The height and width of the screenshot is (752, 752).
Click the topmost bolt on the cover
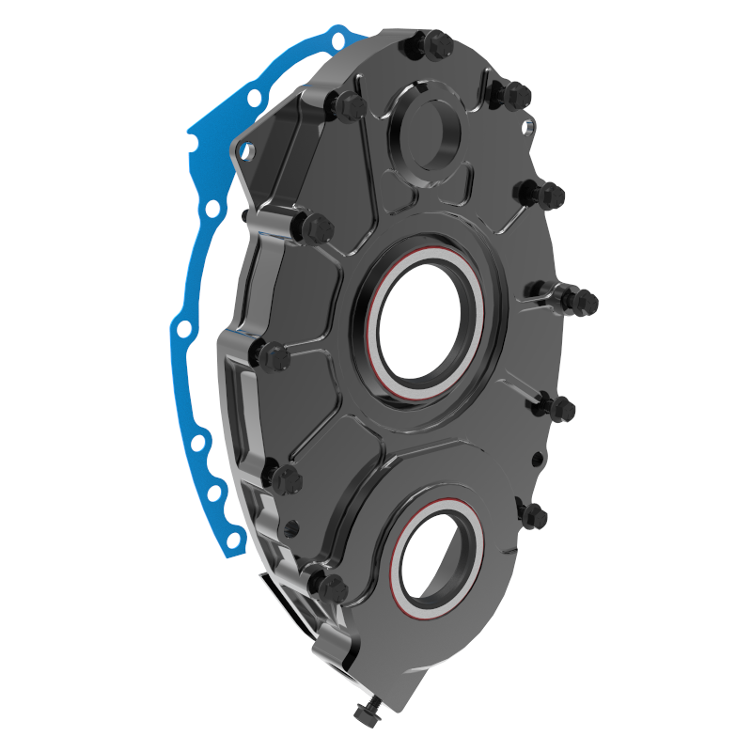click(434, 42)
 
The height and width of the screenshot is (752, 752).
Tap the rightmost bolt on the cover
click(582, 302)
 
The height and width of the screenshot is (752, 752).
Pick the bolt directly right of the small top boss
click(516, 94)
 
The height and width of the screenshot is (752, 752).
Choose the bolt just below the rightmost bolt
click(562, 409)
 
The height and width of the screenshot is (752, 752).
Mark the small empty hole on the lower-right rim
click(535, 459)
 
